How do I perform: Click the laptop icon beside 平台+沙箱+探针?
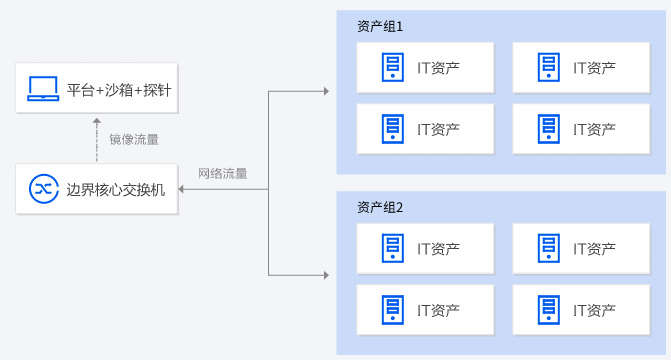tap(43, 88)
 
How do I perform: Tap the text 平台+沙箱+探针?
tap(118, 89)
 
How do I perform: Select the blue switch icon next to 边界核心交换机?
tap(43, 188)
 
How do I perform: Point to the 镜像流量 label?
tap(133, 139)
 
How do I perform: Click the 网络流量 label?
tap(222, 173)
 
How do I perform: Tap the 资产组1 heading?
tap(380, 27)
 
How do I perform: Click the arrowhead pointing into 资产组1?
tap(325, 91)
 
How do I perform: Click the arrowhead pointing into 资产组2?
tap(325, 274)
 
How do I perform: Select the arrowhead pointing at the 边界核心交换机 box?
tap(183, 188)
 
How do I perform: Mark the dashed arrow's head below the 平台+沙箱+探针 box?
tap(97, 119)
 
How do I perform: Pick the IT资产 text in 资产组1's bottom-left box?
tap(438, 129)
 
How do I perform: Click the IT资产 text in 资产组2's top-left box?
tap(438, 249)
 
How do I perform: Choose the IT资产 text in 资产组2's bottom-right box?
tap(594, 310)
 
